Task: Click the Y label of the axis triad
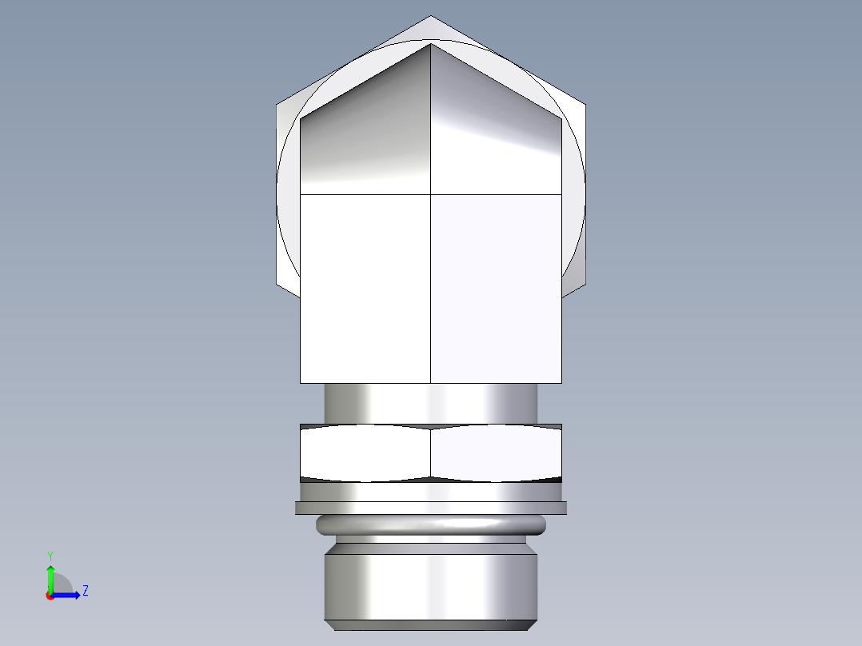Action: tap(50, 555)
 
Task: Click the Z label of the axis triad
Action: tap(85, 591)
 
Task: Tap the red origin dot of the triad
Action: tap(50, 596)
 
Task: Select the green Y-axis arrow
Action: tap(50, 577)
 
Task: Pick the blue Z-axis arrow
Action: tap(67, 595)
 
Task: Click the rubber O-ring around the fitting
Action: tap(431, 524)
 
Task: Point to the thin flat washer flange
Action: tap(431, 507)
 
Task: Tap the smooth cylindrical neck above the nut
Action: tap(431, 403)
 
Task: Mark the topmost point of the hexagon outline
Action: tap(431, 16)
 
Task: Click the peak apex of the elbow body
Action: tap(431, 44)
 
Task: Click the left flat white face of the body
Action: tap(365, 288)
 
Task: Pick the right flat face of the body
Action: tap(497, 288)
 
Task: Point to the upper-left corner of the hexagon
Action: tap(277, 104)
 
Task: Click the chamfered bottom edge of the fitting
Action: tap(431, 624)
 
